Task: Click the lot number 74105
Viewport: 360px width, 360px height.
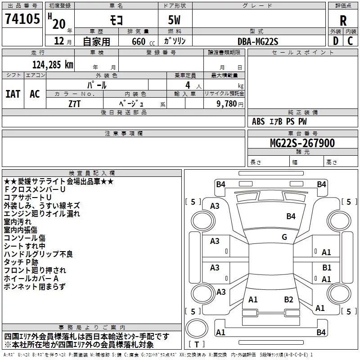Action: [22, 18]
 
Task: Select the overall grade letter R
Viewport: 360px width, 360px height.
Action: [343, 21]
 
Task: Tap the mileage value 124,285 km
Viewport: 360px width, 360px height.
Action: [53, 64]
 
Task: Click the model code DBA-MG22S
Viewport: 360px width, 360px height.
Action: [258, 41]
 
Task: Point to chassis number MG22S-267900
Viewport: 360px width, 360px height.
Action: [302, 143]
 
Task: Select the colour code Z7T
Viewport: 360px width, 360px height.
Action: [74, 104]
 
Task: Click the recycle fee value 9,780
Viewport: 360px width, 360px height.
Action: [227, 103]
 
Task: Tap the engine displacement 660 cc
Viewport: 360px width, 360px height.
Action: [143, 41]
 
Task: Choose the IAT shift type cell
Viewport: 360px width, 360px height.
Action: [13, 94]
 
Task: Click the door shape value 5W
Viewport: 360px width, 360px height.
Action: [174, 20]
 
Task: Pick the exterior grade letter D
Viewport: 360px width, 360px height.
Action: [336, 41]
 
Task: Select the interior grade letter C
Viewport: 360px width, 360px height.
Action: [350, 41]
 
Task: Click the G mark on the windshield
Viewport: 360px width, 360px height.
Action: [284, 237]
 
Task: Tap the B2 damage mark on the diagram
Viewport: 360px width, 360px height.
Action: [288, 299]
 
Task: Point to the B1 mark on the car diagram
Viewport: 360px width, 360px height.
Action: [327, 267]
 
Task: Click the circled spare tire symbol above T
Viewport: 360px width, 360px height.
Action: [197, 328]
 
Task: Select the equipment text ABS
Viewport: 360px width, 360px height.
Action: [258, 121]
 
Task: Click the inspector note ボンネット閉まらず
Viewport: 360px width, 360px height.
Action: [35, 287]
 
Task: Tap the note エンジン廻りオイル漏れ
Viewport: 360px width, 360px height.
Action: [42, 214]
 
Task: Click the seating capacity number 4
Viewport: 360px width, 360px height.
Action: [188, 85]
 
